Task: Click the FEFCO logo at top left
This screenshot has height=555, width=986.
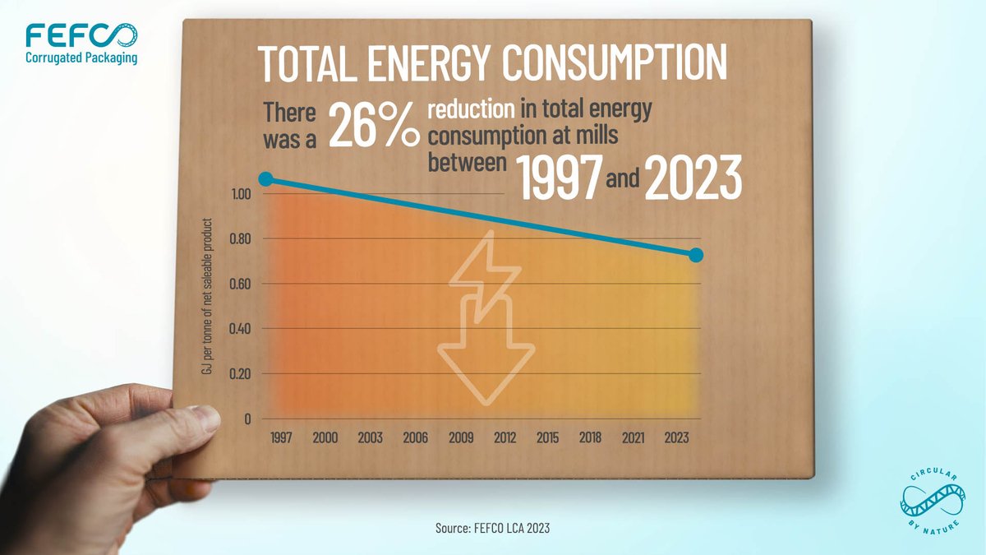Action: pyautogui.click(x=81, y=36)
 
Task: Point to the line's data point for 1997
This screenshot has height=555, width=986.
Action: pyautogui.click(x=265, y=178)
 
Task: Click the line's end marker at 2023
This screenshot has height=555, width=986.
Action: pyautogui.click(x=695, y=255)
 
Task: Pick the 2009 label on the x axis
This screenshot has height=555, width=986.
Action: pyautogui.click(x=460, y=437)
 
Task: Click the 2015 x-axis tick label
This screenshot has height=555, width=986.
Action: pyautogui.click(x=549, y=437)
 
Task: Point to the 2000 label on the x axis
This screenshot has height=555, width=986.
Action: pyautogui.click(x=326, y=437)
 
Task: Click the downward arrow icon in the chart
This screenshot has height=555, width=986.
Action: pyautogui.click(x=486, y=354)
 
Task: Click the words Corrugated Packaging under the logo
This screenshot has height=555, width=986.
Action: pyautogui.click(x=81, y=58)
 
